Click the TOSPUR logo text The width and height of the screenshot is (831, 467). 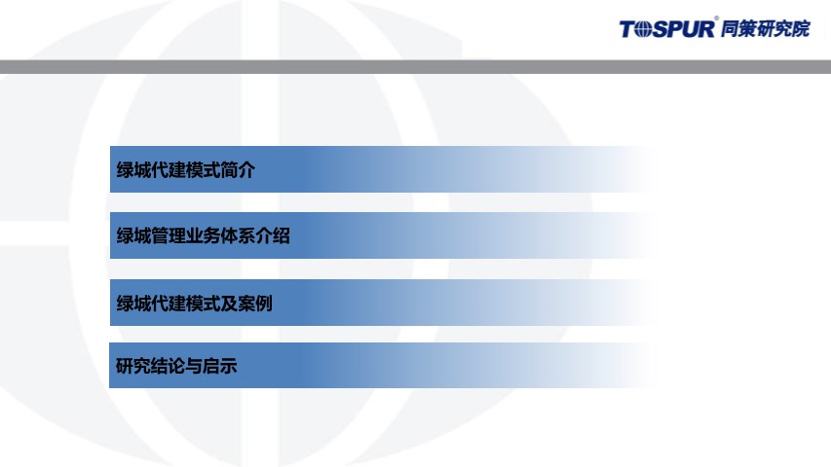click(667, 29)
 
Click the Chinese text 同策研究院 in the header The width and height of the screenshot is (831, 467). click(766, 28)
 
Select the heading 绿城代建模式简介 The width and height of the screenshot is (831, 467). click(185, 170)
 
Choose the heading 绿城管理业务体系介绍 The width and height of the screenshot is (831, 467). click(203, 235)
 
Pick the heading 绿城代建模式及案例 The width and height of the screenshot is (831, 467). click(194, 304)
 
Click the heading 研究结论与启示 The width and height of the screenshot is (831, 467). click(176, 366)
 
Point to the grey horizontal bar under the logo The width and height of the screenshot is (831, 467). click(415, 67)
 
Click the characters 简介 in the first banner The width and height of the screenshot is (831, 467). click(238, 170)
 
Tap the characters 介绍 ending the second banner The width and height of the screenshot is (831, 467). click(273, 235)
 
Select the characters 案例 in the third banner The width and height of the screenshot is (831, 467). click(255, 304)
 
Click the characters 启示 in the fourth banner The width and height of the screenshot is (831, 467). click(219, 366)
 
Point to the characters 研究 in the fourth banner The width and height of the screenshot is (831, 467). click(133, 366)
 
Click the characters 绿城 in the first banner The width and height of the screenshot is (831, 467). click(133, 170)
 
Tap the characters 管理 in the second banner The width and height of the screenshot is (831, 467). click(169, 235)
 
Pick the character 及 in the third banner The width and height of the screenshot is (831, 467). click(229, 304)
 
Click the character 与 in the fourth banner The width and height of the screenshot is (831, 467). click(194, 366)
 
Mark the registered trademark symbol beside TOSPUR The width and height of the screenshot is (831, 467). click(716, 18)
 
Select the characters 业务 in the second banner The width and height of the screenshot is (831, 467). click(203, 235)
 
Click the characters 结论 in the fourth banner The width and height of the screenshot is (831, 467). click(168, 366)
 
